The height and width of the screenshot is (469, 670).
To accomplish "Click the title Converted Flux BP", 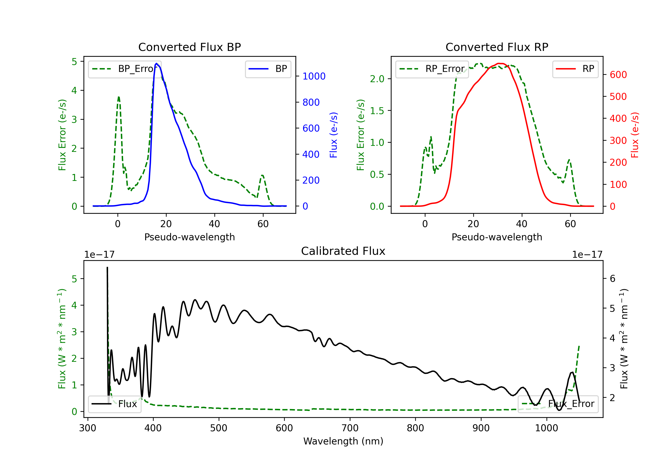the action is coord(189,47).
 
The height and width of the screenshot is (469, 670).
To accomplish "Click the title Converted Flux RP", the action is coord(497,47).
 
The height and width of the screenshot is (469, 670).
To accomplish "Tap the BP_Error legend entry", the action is coord(124,69).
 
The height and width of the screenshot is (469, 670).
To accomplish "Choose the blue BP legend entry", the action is coord(268,69).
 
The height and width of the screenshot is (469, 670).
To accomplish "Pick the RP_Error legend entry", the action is coord(432,69).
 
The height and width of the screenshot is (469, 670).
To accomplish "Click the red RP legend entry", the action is coord(575,69).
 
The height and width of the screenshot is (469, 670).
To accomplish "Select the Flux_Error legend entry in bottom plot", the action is coord(558,404).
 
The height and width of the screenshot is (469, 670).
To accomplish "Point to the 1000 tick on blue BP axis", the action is coord(314,76).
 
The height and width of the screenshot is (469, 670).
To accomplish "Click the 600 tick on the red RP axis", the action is coord(618,75).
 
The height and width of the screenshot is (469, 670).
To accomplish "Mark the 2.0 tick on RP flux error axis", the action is coord(377,79).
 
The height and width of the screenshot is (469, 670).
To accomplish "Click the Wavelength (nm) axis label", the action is coord(343,441).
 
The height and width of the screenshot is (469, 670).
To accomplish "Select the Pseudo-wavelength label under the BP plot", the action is coord(189,237).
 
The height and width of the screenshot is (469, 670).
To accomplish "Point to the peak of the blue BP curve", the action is coord(156,63).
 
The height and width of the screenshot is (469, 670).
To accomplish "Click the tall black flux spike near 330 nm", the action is coord(107,333).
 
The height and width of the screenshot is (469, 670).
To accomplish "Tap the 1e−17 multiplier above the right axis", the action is coord(587,255).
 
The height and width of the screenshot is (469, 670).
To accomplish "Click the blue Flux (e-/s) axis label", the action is coord(333,135).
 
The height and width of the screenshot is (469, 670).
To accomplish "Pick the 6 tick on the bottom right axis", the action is coord(613,279).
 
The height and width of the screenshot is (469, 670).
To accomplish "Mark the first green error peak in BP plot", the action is coord(118,97).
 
